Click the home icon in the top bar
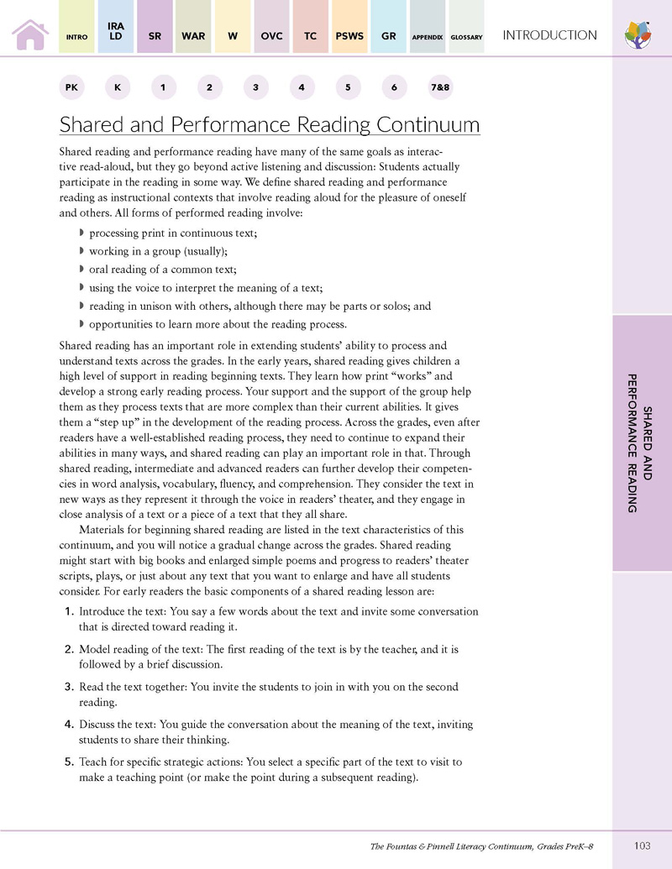tap(29, 34)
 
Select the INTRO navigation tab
tap(78, 37)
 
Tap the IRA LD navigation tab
tap(116, 32)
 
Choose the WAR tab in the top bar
tap(193, 36)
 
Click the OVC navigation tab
tap(272, 36)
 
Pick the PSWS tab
tap(349, 36)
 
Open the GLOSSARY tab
tap(465, 37)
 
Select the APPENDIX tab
tap(428, 37)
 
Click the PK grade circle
tap(71, 87)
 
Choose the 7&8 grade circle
tap(440, 87)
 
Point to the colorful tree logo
tap(640, 35)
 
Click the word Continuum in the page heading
tap(428, 125)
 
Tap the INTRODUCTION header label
tap(549, 35)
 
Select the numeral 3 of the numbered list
tap(71, 687)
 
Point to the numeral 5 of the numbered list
tap(71, 762)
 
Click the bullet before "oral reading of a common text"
tap(81, 270)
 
